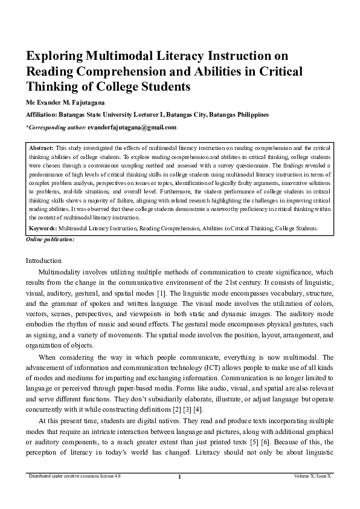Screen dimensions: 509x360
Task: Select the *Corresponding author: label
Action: [x=56, y=128]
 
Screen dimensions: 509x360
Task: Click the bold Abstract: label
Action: [x=42, y=147]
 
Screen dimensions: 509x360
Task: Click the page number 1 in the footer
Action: [x=180, y=494]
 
